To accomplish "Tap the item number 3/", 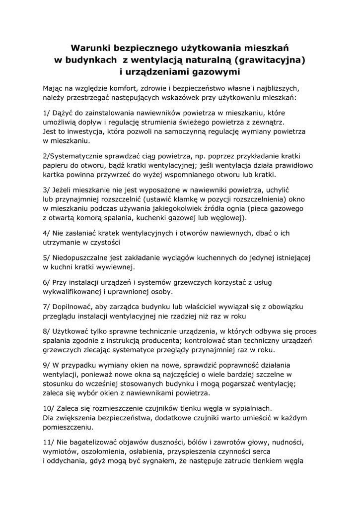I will pyautogui.click(x=47, y=190).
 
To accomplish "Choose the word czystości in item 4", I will pyautogui.click(x=105, y=242).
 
